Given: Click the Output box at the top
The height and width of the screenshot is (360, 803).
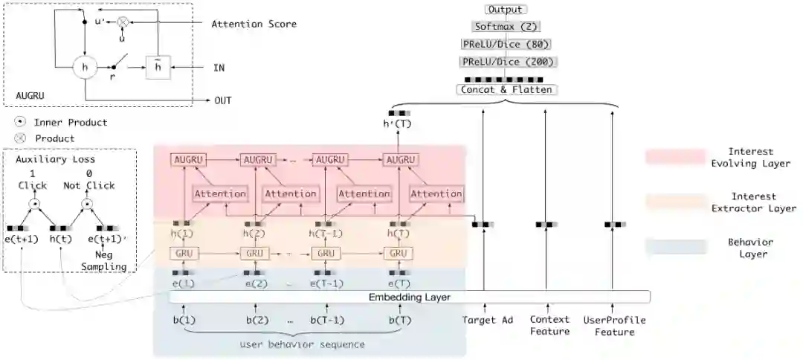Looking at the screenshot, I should click(506, 10).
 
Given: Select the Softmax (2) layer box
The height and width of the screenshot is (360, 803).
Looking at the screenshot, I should click(505, 27).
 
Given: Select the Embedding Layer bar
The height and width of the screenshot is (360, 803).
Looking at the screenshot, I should click(410, 297).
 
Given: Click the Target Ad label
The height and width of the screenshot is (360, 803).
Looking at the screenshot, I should click(488, 320).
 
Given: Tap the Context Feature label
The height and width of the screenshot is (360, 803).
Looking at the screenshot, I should click(549, 326).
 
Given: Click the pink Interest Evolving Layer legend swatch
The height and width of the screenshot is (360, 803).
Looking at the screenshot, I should click(675, 156).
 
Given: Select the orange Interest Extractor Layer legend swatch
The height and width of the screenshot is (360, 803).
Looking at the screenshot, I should click(675, 202).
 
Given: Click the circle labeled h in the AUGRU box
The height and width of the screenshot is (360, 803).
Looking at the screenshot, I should click(85, 68).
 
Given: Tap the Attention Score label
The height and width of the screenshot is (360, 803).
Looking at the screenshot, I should click(254, 24).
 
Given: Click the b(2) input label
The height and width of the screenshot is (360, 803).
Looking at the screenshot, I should click(257, 320).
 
